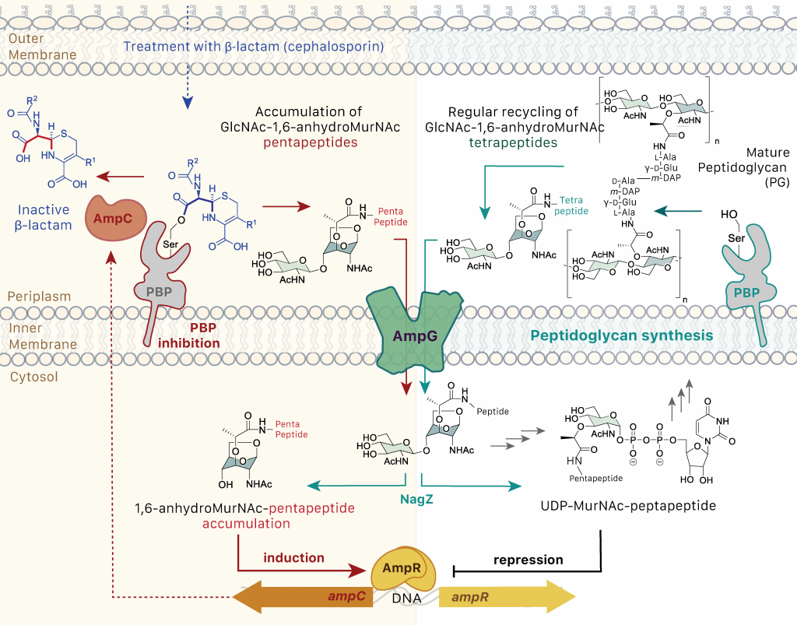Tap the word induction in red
[293, 558]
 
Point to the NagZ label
[416, 500]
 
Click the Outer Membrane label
[42, 47]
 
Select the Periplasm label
[40, 297]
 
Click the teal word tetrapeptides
[514, 143]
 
